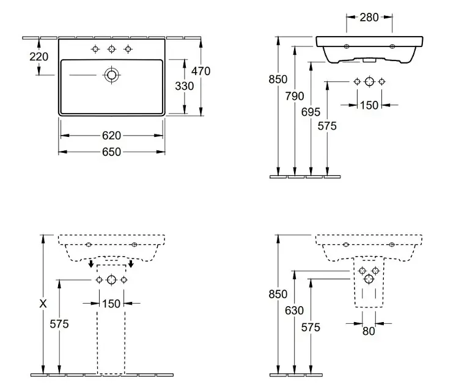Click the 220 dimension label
[39, 57]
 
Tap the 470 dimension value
[200, 71]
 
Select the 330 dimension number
[185, 86]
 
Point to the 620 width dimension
[112, 136]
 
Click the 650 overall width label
[112, 152]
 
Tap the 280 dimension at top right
[369, 18]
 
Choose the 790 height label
[295, 96]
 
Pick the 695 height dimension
[311, 112]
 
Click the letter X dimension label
[43, 304]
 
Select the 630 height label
[294, 310]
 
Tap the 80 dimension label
[369, 331]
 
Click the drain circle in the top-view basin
[112, 75]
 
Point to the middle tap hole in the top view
[112, 49]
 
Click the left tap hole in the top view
[95, 49]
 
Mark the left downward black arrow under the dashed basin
[91, 264]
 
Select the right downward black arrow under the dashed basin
[131, 264]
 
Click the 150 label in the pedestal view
[111, 304]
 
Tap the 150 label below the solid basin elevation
[369, 105]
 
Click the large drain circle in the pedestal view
[112, 280]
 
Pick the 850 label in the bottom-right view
[278, 295]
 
